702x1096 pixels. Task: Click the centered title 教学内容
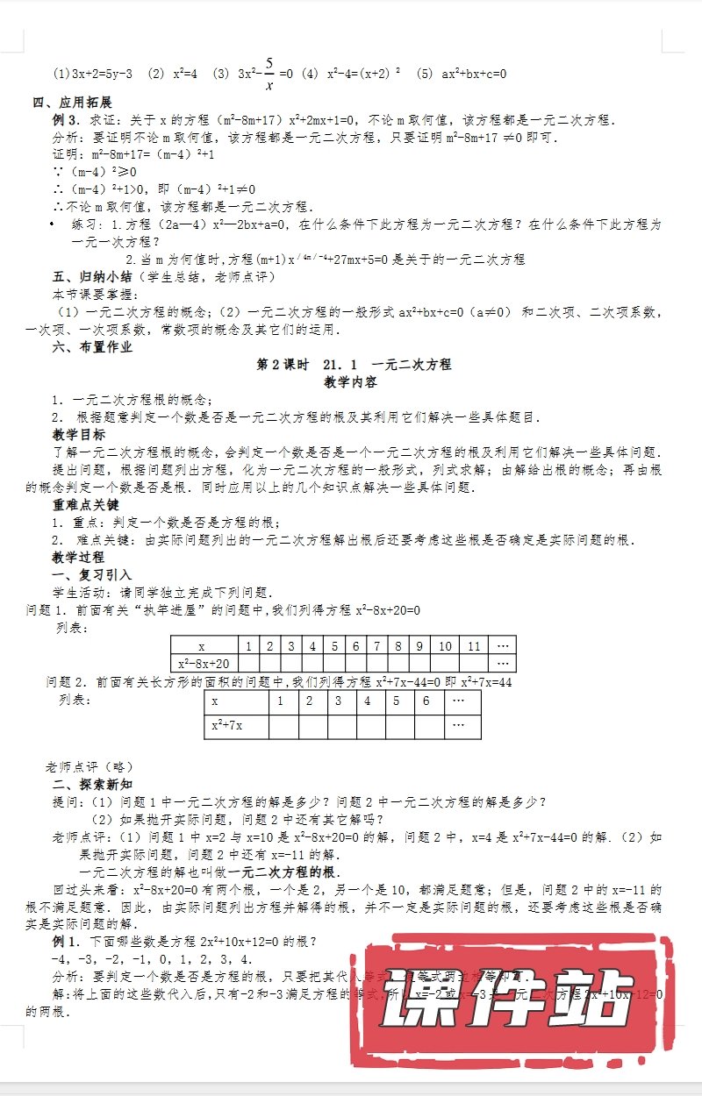(x=350, y=382)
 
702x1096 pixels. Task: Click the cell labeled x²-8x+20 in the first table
(x=204, y=664)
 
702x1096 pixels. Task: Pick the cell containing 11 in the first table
(x=474, y=646)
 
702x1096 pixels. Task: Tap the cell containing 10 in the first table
(x=446, y=646)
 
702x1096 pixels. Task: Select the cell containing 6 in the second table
(x=426, y=701)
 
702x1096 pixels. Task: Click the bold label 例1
(x=68, y=942)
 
